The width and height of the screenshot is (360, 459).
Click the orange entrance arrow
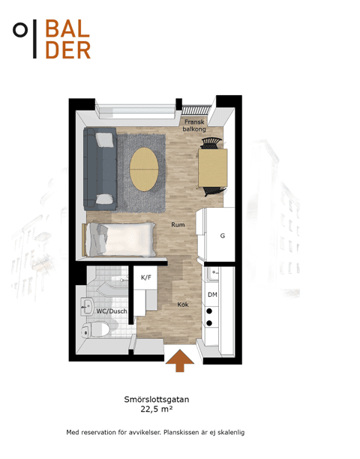pos(180,360)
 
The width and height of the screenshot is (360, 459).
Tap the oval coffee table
pos(144,169)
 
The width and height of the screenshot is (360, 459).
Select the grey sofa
pos(100,169)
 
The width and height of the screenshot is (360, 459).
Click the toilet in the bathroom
pos(95,329)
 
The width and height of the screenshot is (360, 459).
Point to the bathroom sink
pos(87,307)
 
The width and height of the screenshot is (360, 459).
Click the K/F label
pos(146,277)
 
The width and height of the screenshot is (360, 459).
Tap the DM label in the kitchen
pos(212,295)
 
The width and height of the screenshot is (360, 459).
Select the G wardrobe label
pos(223,235)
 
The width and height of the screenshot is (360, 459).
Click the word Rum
pos(178,225)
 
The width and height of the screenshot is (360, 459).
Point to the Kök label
pos(183,304)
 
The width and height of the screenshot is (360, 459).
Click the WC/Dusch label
pos(112,311)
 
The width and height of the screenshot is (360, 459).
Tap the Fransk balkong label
pos(194,125)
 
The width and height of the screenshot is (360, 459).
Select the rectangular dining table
pos(213,168)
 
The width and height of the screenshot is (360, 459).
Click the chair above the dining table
pos(211,142)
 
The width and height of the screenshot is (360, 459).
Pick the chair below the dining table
pos(214,191)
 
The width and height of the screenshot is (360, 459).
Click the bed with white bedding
pos(121,240)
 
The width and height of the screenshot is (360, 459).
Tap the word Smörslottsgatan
pos(157,399)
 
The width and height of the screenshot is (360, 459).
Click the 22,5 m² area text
pos(157,409)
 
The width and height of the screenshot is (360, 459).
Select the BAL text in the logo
pos(67,28)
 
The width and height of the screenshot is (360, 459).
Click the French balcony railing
pos(196,110)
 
